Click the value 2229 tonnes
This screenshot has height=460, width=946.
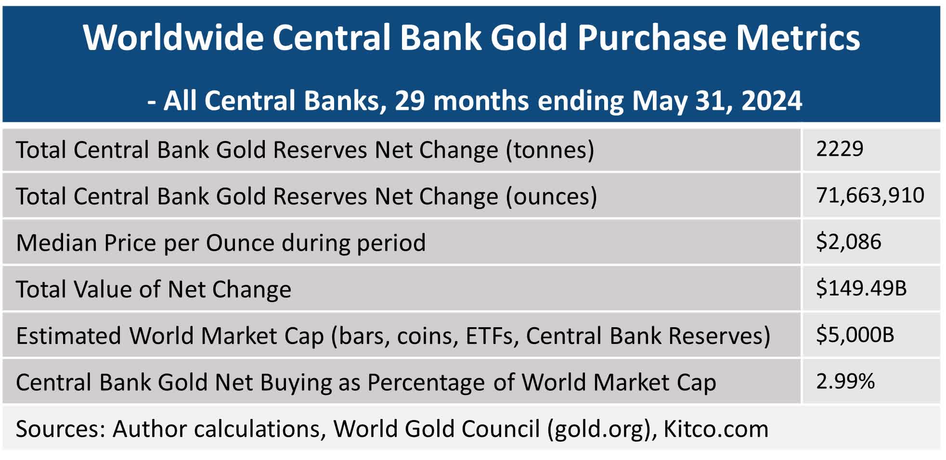pos(840,149)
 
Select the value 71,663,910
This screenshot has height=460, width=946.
pos(870,196)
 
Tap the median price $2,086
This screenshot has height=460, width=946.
pos(848,242)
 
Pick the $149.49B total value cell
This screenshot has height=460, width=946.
pos(861,288)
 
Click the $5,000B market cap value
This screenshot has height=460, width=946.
pos(855,335)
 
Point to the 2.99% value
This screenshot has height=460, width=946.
pos(845,382)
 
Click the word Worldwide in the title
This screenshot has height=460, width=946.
pos(173,38)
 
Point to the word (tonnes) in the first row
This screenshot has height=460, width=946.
pos(550,150)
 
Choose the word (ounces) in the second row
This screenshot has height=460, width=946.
pos(551,197)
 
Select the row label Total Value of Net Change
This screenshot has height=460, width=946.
pos(154,290)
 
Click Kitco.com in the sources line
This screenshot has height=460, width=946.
pos(716,429)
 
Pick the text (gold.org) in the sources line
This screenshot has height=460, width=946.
pos(602,429)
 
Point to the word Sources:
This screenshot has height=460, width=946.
pos(60,429)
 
